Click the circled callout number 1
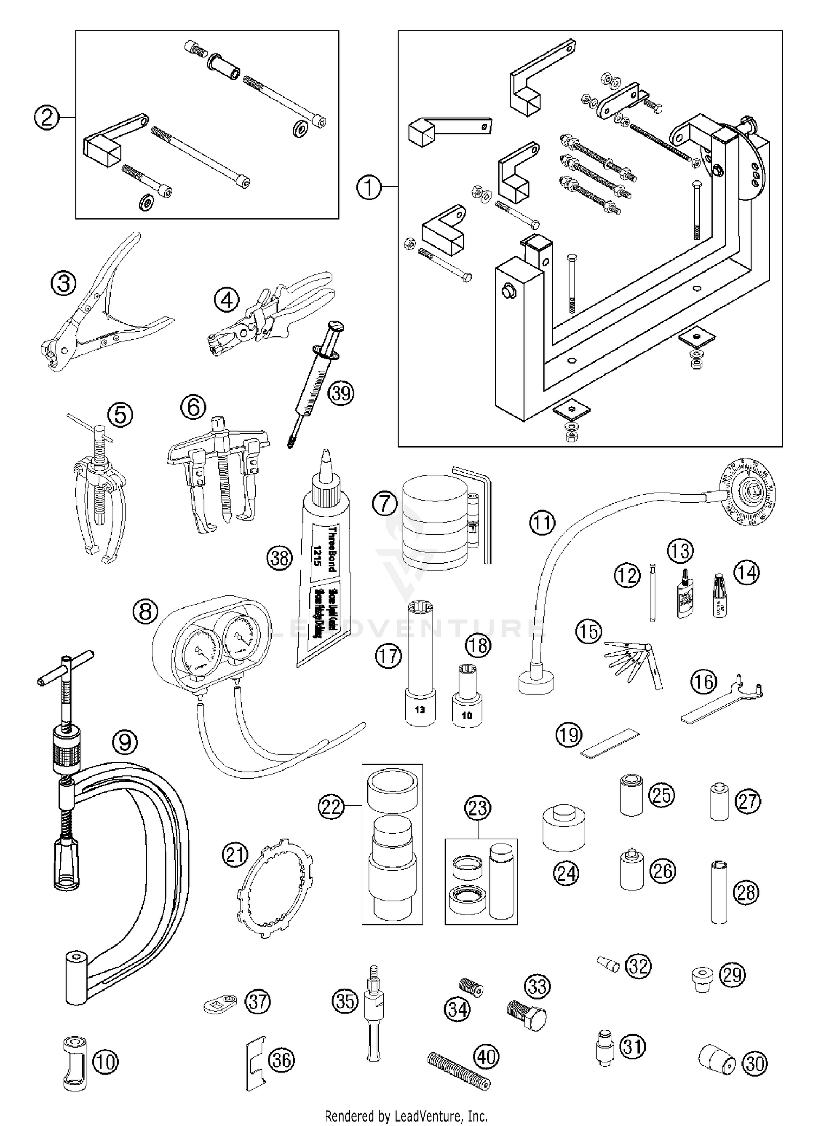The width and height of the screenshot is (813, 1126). tap(369, 188)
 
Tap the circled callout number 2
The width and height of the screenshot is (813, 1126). tap(47, 117)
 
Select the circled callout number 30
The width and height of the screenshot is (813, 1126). tap(754, 1064)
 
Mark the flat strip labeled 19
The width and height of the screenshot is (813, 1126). tap(610, 743)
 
